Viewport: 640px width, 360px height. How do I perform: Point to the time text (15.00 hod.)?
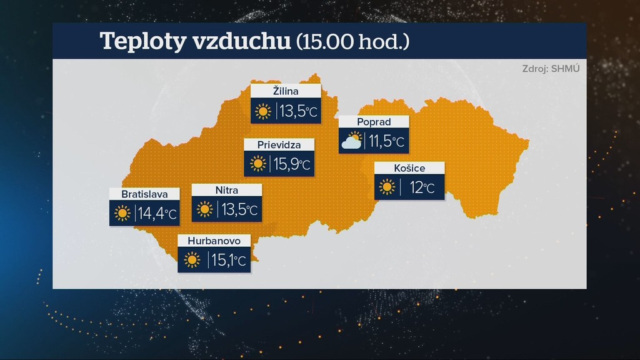point(352,41)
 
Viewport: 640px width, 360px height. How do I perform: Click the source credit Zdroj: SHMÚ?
point(551,68)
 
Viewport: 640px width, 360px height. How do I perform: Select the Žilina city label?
point(286,91)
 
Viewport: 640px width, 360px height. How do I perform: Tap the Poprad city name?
point(374,122)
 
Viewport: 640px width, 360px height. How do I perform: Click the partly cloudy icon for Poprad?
point(352,142)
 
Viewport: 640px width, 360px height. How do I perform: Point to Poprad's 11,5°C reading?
point(387,142)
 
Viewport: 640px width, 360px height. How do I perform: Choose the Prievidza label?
point(279,145)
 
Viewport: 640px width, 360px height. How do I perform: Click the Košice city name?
point(409,168)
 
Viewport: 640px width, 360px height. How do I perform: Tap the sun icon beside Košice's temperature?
point(387,187)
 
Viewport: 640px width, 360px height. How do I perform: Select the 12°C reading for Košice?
point(422,187)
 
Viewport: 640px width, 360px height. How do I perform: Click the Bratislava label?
point(144,194)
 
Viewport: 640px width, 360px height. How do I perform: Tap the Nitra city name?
point(226,190)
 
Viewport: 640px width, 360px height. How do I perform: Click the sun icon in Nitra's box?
point(205,209)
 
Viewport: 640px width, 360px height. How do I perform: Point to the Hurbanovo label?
point(214,241)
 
